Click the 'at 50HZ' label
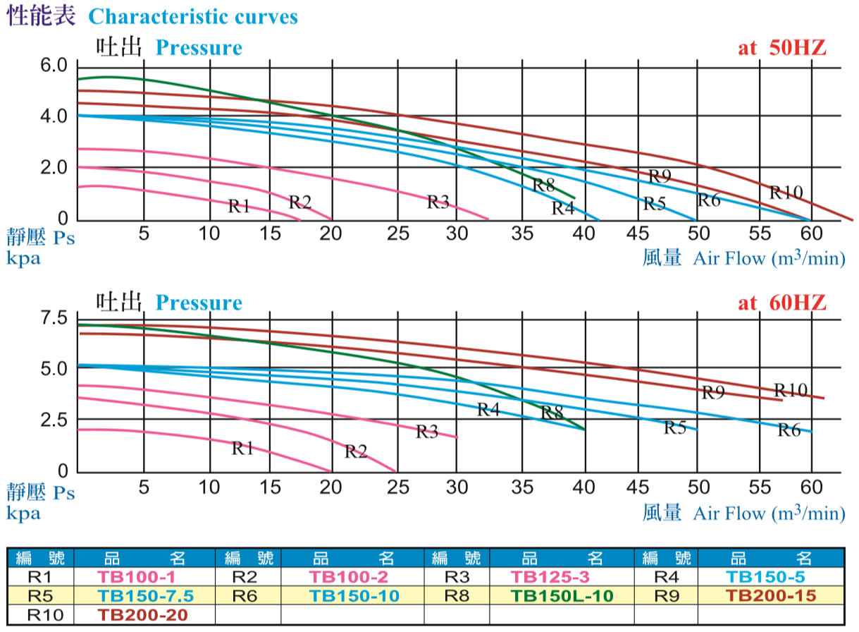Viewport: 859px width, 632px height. point(781,48)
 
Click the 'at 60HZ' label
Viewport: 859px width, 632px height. point(781,303)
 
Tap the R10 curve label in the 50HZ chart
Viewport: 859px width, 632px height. point(786,192)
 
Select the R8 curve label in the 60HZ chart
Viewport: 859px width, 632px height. point(552,413)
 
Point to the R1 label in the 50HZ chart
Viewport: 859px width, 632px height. point(240,206)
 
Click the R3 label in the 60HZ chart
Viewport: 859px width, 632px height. point(427,432)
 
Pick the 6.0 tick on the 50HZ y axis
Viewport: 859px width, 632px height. point(53,66)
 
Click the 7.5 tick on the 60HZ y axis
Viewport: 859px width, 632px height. point(53,319)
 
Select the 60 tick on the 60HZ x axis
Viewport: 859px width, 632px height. point(812,487)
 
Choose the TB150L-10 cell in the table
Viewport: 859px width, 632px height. point(562,596)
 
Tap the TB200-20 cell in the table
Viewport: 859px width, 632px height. point(143,614)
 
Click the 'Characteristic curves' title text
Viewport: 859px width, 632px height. point(193,16)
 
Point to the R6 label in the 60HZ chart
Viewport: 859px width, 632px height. point(789,430)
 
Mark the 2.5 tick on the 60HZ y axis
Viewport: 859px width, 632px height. point(53,420)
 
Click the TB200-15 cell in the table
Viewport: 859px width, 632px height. point(771,596)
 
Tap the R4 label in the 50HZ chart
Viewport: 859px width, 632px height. point(563,208)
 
